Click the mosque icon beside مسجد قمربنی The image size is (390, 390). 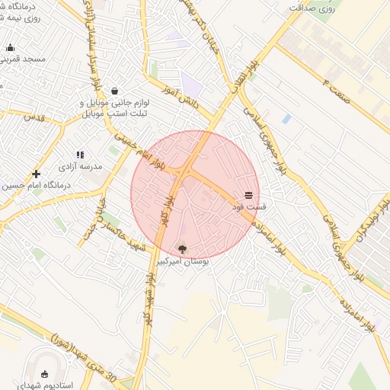pos(10,48)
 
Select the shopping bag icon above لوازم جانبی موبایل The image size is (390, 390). pos(114,90)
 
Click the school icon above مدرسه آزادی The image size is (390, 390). pos(80,155)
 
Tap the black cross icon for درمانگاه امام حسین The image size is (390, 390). pos(36,174)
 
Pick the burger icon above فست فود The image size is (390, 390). pos(248,196)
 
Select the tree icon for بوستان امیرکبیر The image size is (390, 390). pos(182,248)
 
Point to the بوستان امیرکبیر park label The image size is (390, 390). pos(183,260)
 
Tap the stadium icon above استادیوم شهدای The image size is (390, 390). pos(44,374)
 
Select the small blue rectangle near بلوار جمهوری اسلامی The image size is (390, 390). pos(286,119)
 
